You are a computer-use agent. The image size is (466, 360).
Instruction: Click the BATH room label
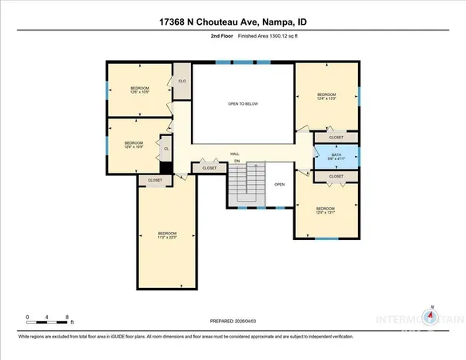[336, 156]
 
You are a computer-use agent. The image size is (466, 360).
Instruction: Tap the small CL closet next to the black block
[166, 149]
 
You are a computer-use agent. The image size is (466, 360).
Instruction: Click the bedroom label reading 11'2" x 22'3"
[166, 235]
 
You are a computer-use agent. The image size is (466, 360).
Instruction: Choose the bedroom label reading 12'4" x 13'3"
[326, 97]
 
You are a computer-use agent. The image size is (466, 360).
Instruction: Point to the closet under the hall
[209, 168]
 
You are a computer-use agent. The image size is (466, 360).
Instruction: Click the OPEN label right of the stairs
[280, 184]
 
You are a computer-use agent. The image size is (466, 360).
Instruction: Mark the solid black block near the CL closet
[166, 168]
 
